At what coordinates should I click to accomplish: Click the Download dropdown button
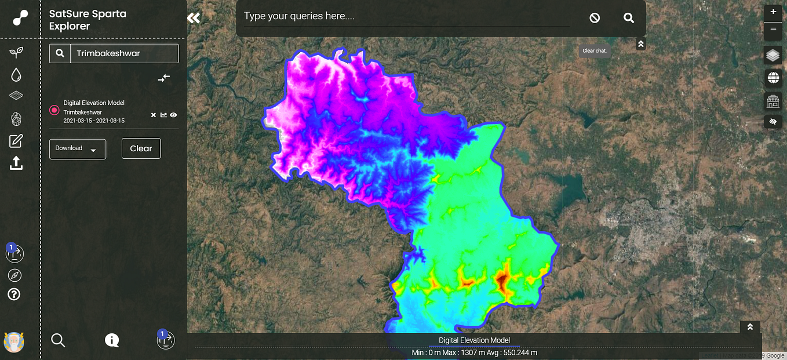click(77, 149)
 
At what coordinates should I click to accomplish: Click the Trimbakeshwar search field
click(123, 53)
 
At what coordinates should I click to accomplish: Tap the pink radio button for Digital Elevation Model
click(54, 110)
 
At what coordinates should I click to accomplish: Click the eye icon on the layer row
click(173, 115)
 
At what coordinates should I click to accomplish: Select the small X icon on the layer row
click(154, 115)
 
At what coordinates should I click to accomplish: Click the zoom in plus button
click(773, 12)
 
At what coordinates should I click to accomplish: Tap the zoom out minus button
click(773, 30)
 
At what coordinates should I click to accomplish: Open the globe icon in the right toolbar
click(773, 78)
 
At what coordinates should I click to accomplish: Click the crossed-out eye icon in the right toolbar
click(773, 122)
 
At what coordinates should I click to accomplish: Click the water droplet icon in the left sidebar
click(16, 75)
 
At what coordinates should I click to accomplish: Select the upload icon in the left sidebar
click(16, 163)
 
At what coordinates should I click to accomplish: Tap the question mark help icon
click(14, 294)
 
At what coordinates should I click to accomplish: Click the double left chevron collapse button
click(194, 18)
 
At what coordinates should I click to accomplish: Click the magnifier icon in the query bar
click(629, 18)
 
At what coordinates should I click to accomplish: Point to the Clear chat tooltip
click(595, 50)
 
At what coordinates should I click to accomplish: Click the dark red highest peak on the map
click(501, 280)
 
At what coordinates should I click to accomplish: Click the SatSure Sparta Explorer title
click(88, 20)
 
